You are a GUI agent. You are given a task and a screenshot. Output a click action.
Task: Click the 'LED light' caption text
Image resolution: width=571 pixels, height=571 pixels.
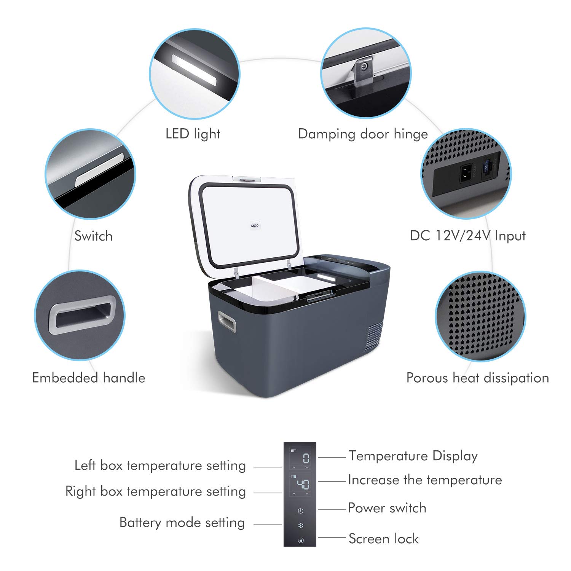coord(193,134)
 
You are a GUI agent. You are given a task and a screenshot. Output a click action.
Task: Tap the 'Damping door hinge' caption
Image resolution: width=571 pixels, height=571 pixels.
coord(363,134)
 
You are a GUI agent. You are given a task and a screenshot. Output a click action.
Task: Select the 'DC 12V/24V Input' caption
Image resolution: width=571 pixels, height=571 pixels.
coord(467,236)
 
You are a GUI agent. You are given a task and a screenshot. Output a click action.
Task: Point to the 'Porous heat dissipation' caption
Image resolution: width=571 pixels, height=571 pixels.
coord(477,378)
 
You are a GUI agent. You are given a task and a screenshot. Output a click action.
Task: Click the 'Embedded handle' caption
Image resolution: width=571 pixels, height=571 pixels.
coord(89,378)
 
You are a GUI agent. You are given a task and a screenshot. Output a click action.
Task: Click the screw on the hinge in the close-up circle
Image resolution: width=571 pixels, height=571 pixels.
coord(364,67)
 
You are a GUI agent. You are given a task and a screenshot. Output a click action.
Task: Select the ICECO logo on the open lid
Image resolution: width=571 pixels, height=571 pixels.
coord(254,226)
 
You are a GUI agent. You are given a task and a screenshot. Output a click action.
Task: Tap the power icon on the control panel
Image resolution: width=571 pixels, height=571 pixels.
coord(300,510)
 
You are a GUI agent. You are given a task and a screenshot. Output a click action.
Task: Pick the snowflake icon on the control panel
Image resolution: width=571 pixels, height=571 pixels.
coord(300,526)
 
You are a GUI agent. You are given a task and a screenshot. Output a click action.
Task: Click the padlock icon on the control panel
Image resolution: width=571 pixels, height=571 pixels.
coord(300,540)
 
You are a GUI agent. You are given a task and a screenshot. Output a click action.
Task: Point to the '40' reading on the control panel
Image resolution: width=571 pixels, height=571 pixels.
coord(303,484)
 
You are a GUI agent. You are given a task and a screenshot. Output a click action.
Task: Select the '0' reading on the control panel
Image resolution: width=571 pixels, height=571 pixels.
coord(306,458)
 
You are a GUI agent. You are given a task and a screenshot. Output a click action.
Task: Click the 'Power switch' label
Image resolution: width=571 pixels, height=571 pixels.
coord(387,508)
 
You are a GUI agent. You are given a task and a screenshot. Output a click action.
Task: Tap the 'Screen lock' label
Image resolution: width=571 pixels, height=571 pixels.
coord(383,539)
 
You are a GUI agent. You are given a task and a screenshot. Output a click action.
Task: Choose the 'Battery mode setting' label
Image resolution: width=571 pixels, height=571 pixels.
coord(182,523)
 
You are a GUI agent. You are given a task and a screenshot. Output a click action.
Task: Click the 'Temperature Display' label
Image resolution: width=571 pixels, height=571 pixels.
coord(413,456)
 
